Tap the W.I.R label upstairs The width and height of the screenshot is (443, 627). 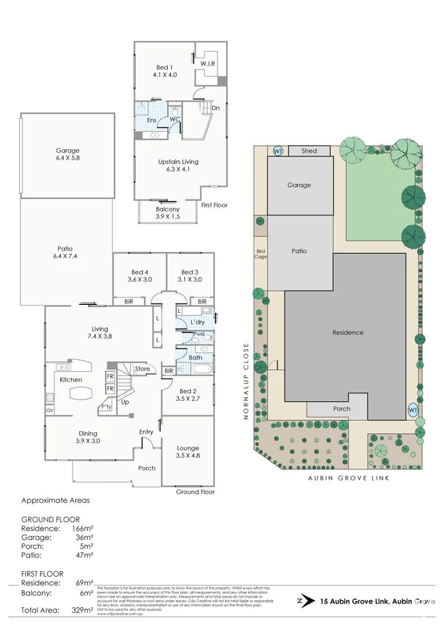pyautogui.click(x=208, y=63)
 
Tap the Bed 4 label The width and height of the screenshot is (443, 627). pyautogui.click(x=139, y=276)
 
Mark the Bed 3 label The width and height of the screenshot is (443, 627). pyautogui.click(x=190, y=276)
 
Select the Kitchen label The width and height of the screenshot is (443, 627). pyautogui.click(x=71, y=380)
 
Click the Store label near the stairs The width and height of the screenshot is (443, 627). pyautogui.click(x=142, y=369)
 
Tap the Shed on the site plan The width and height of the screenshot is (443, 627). pyautogui.click(x=309, y=151)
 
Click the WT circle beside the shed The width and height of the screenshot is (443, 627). pyautogui.click(x=279, y=151)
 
